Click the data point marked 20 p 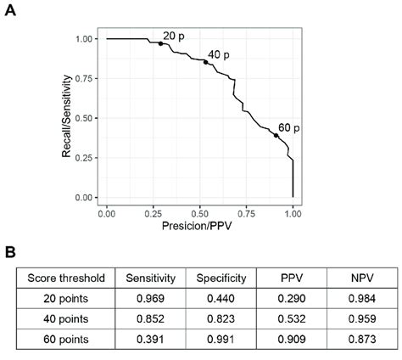tap(160, 43)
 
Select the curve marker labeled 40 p tap(205, 62)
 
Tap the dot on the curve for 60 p tap(276, 135)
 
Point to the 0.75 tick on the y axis tap(83, 78)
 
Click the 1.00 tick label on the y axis tap(83, 39)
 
